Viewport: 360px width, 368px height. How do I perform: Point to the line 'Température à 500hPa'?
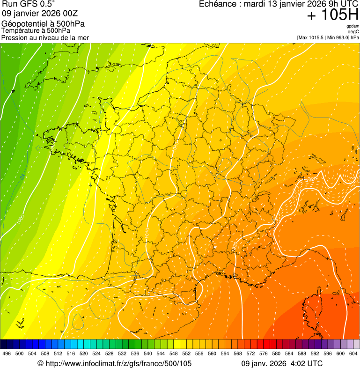tap(36, 30)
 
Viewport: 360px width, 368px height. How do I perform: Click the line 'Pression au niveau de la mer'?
tap(45, 37)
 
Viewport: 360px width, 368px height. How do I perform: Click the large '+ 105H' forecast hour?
tap(332, 15)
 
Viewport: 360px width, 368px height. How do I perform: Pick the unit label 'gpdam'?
tap(353, 26)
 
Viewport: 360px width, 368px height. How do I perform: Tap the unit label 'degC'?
tap(353, 32)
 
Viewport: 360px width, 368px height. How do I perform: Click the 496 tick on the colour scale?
tap(7, 353)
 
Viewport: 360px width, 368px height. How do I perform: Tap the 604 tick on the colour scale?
tap(353, 353)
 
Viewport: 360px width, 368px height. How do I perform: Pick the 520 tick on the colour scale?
tap(84, 353)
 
